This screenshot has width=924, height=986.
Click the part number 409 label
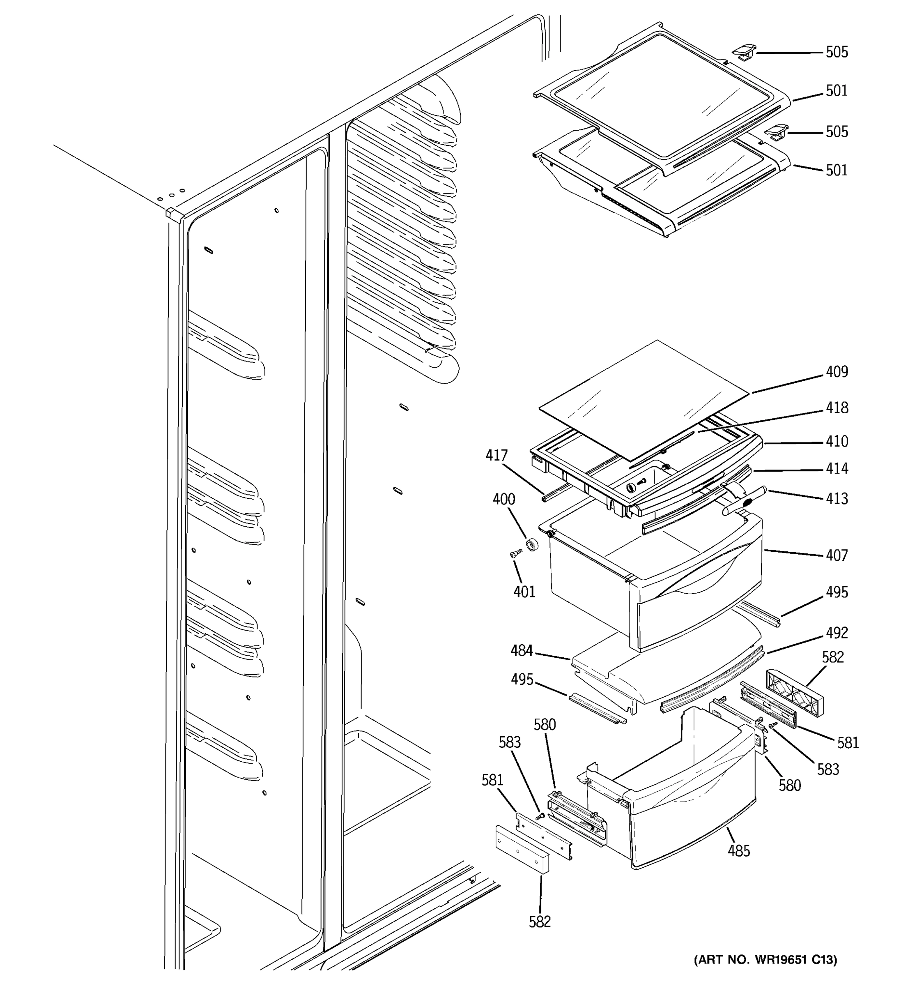pyautogui.click(x=837, y=372)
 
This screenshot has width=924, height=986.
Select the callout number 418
pyautogui.click(x=837, y=408)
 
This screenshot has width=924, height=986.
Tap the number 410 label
pyautogui.click(x=837, y=441)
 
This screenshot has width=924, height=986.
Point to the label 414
pyautogui.click(x=837, y=469)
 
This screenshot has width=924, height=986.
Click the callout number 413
pyautogui.click(x=837, y=499)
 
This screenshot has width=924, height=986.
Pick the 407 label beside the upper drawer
pyautogui.click(x=837, y=555)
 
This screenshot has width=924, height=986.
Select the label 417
pyautogui.click(x=496, y=455)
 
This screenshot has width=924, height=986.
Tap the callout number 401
pyautogui.click(x=524, y=592)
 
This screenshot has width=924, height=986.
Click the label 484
pyautogui.click(x=522, y=650)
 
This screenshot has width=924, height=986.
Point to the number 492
pyautogui.click(x=837, y=633)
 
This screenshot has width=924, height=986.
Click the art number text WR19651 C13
pyautogui.click(x=765, y=959)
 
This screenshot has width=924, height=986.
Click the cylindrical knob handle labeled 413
pyautogui.click(x=744, y=501)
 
